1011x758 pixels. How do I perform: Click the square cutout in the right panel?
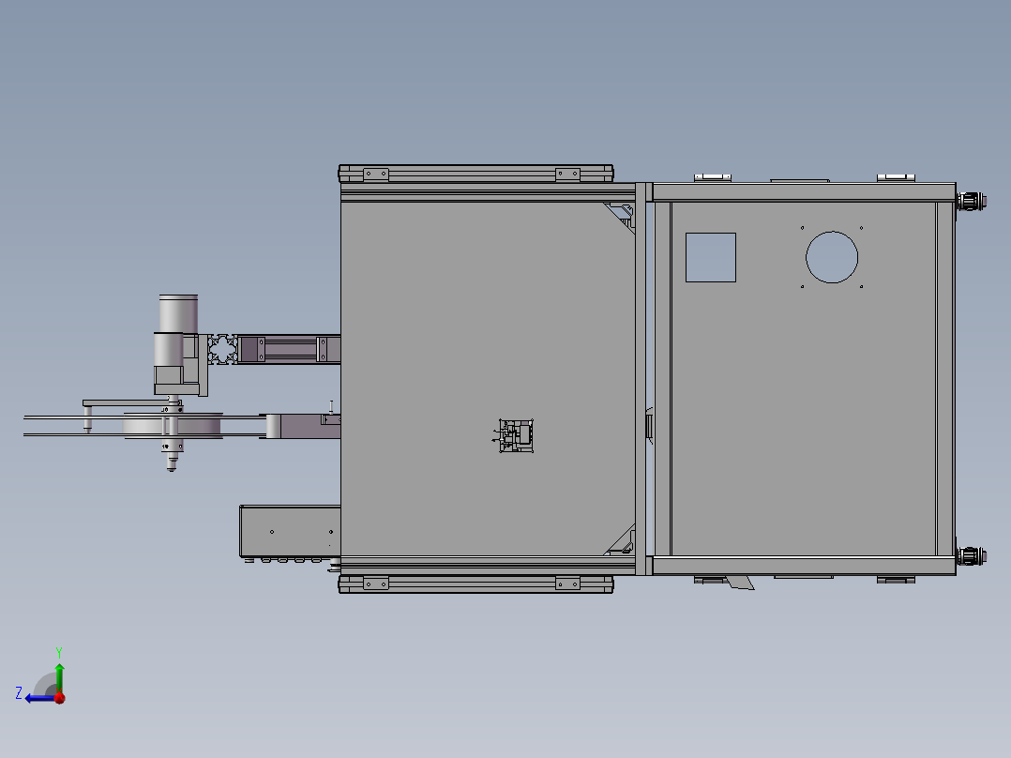pos(710,257)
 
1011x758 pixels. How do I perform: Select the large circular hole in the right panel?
pos(832,256)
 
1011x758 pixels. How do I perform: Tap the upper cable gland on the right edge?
pos(971,200)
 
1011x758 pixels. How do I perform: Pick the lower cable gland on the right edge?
pos(971,555)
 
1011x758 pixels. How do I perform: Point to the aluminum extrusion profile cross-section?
pos(222,350)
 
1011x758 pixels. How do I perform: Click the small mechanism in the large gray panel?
pos(515,436)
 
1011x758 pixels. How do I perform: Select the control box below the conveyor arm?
pos(289,532)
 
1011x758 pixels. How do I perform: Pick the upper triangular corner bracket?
pos(619,214)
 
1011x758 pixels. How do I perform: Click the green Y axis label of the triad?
pos(58,651)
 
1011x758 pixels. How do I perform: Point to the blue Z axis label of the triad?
pos(19,693)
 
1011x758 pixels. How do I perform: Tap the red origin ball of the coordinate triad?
pos(59,697)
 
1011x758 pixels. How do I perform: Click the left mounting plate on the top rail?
pos(376,174)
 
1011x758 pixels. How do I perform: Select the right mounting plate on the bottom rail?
pos(567,584)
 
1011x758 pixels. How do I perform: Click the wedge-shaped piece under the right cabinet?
pos(740,583)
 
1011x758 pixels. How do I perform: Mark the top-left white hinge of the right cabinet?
pos(712,176)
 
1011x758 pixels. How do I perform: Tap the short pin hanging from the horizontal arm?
pos(86,421)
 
